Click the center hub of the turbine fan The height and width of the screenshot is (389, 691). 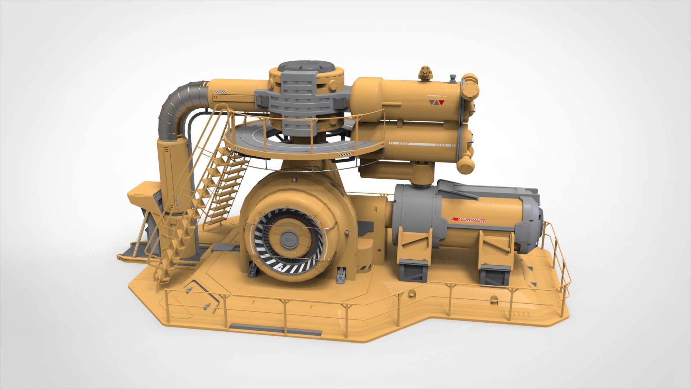click(x=288, y=238)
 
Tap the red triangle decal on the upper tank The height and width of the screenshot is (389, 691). click(x=442, y=103)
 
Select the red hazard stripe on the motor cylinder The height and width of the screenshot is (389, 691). click(x=468, y=219)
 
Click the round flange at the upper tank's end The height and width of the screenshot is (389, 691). click(x=469, y=88)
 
